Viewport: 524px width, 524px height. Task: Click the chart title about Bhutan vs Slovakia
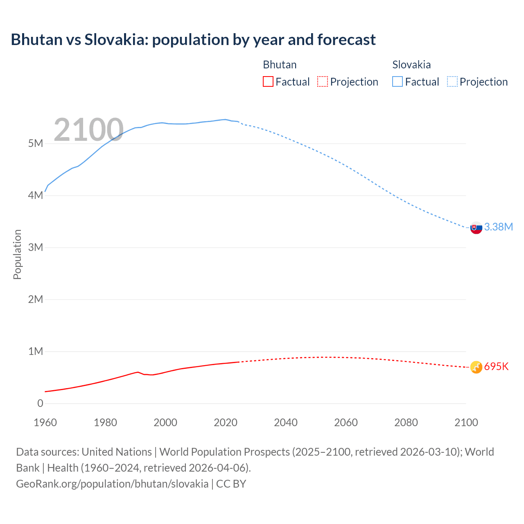(x=193, y=40)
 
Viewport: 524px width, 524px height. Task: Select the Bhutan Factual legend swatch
(x=268, y=81)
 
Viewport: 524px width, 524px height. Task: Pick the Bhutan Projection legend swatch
(x=323, y=81)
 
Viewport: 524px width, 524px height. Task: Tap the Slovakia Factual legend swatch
(x=398, y=81)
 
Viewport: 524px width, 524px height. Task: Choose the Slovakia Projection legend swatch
(x=452, y=81)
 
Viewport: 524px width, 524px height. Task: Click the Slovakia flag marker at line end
(x=476, y=228)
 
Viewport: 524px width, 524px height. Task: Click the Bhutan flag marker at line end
(x=476, y=367)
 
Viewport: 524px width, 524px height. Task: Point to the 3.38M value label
(x=498, y=227)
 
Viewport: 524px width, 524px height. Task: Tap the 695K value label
(x=496, y=366)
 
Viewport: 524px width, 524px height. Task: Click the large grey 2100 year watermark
(x=88, y=130)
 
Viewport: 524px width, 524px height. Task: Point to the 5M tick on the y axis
(x=35, y=143)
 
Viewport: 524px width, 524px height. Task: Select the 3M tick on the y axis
(x=35, y=247)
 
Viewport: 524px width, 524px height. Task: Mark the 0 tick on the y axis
(x=40, y=403)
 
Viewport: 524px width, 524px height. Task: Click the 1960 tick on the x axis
(x=45, y=422)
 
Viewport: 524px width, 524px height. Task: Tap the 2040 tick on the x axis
(x=286, y=422)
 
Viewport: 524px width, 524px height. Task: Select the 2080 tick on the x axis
(x=406, y=422)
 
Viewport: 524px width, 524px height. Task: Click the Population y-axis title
(x=17, y=254)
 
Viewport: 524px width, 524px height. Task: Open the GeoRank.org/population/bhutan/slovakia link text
(x=112, y=483)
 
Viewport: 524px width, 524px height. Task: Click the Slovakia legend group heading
(x=411, y=65)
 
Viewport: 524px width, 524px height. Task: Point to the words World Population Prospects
(x=224, y=452)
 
